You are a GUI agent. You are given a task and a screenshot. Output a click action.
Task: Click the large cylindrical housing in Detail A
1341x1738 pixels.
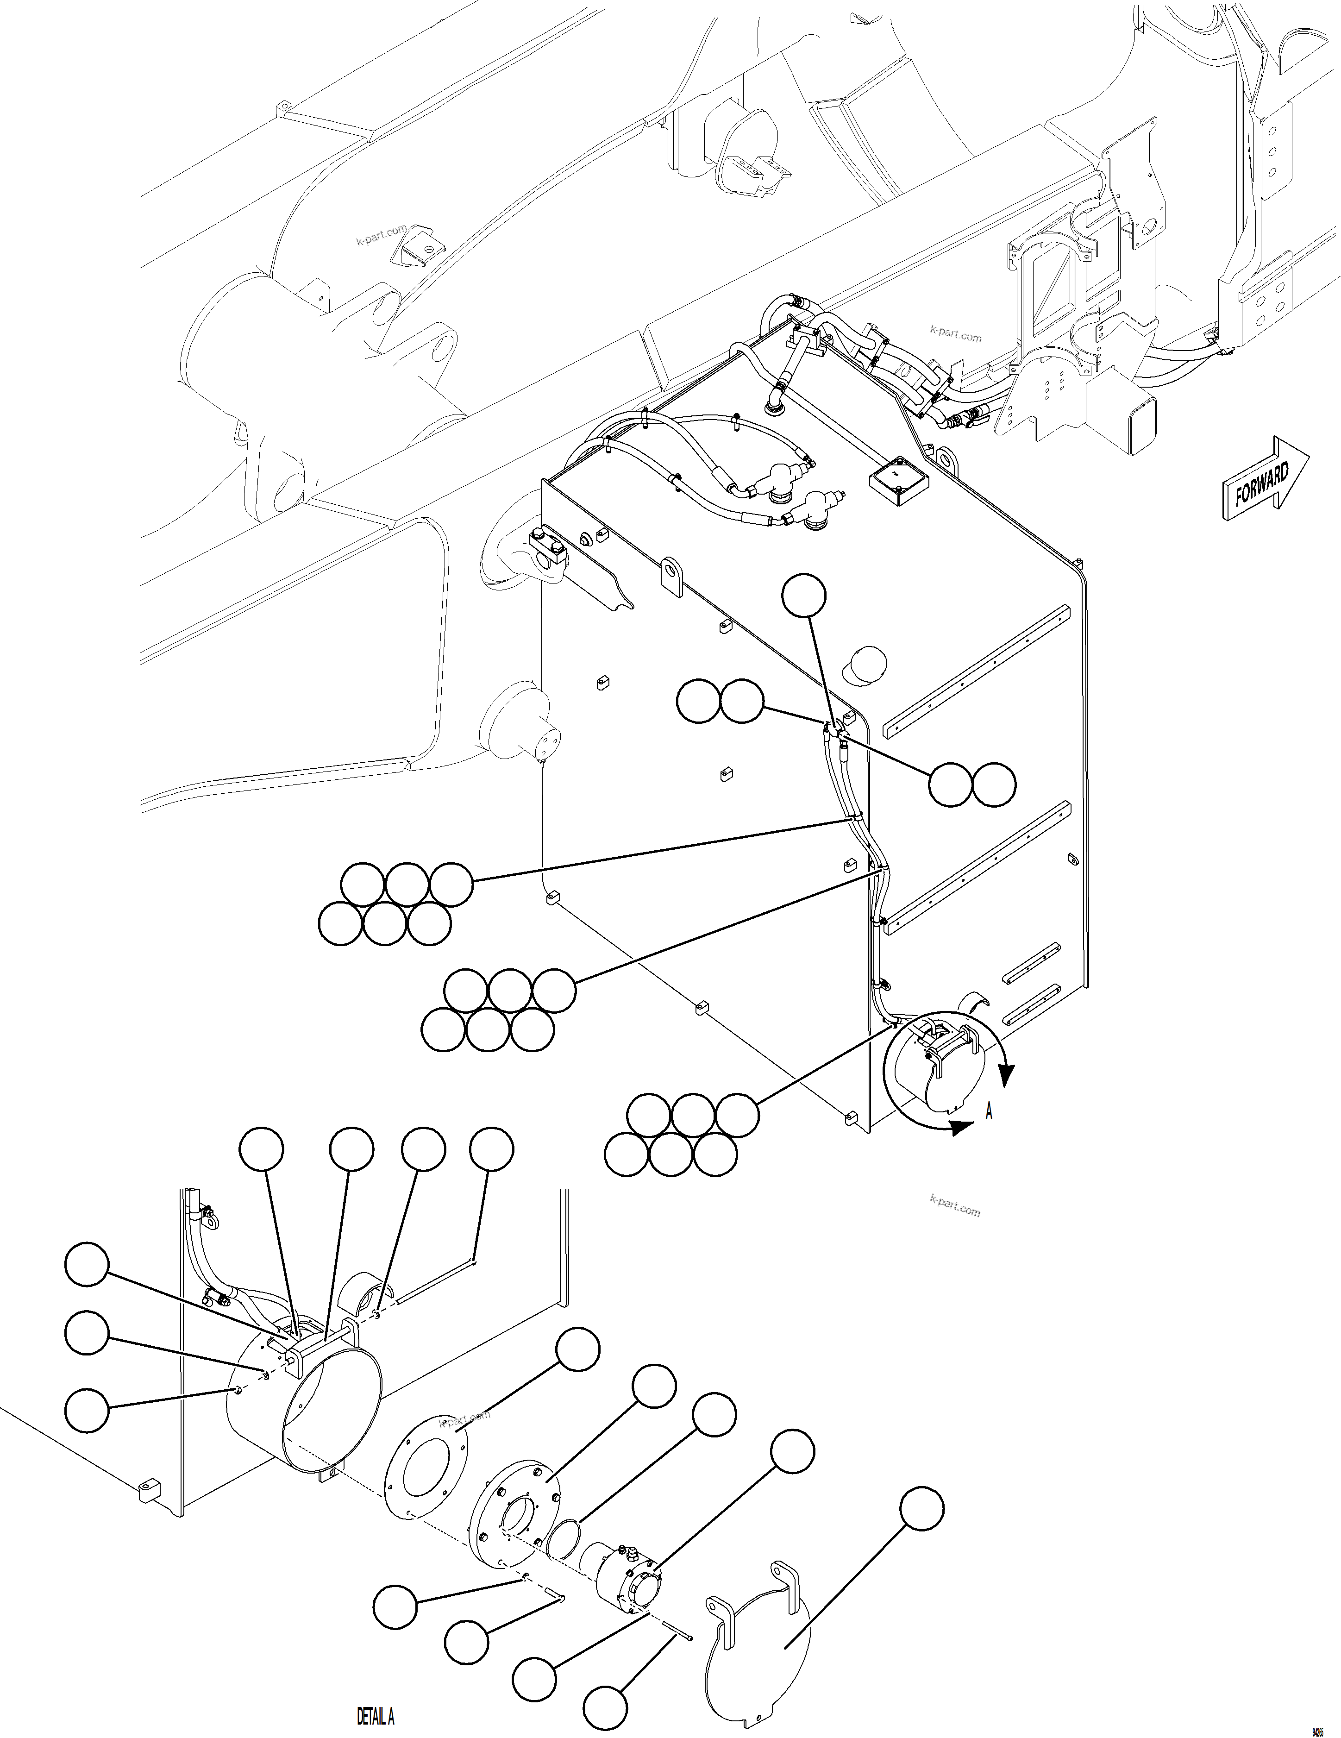[302, 1400]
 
